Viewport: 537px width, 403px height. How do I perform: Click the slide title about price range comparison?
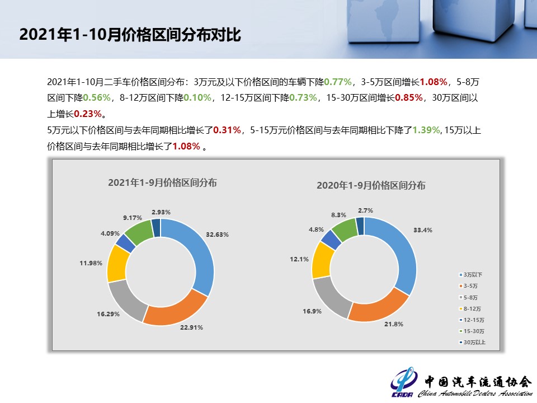click(x=130, y=35)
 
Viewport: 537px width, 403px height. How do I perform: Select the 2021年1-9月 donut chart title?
click(x=163, y=182)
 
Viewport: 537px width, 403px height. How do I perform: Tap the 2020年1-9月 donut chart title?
click(x=371, y=185)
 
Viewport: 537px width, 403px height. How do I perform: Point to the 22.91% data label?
click(x=191, y=327)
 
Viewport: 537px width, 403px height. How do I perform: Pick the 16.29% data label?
click(x=108, y=313)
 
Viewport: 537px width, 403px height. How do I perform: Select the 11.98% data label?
click(x=91, y=263)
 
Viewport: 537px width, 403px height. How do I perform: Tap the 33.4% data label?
click(x=422, y=230)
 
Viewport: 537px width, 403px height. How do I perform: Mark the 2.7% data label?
click(x=366, y=210)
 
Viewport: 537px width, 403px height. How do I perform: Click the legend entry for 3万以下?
click(x=470, y=275)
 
